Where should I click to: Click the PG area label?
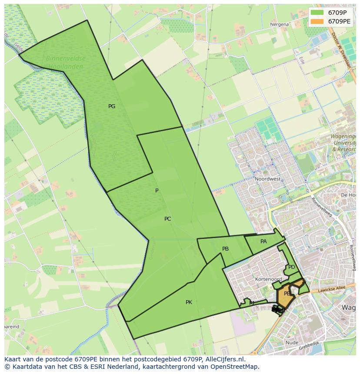(112, 106)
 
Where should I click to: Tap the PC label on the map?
(168, 219)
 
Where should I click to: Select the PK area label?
(189, 302)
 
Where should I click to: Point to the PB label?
(225, 249)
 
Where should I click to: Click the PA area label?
(263, 242)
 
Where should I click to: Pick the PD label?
(291, 267)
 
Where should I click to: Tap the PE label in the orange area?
(287, 294)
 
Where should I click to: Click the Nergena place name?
(279, 24)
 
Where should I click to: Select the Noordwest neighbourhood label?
(267, 179)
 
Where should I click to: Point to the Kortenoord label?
(269, 279)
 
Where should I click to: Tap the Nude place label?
(292, 343)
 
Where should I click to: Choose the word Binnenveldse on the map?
(66, 58)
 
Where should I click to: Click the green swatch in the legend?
(317, 12)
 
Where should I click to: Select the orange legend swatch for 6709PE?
(317, 21)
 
